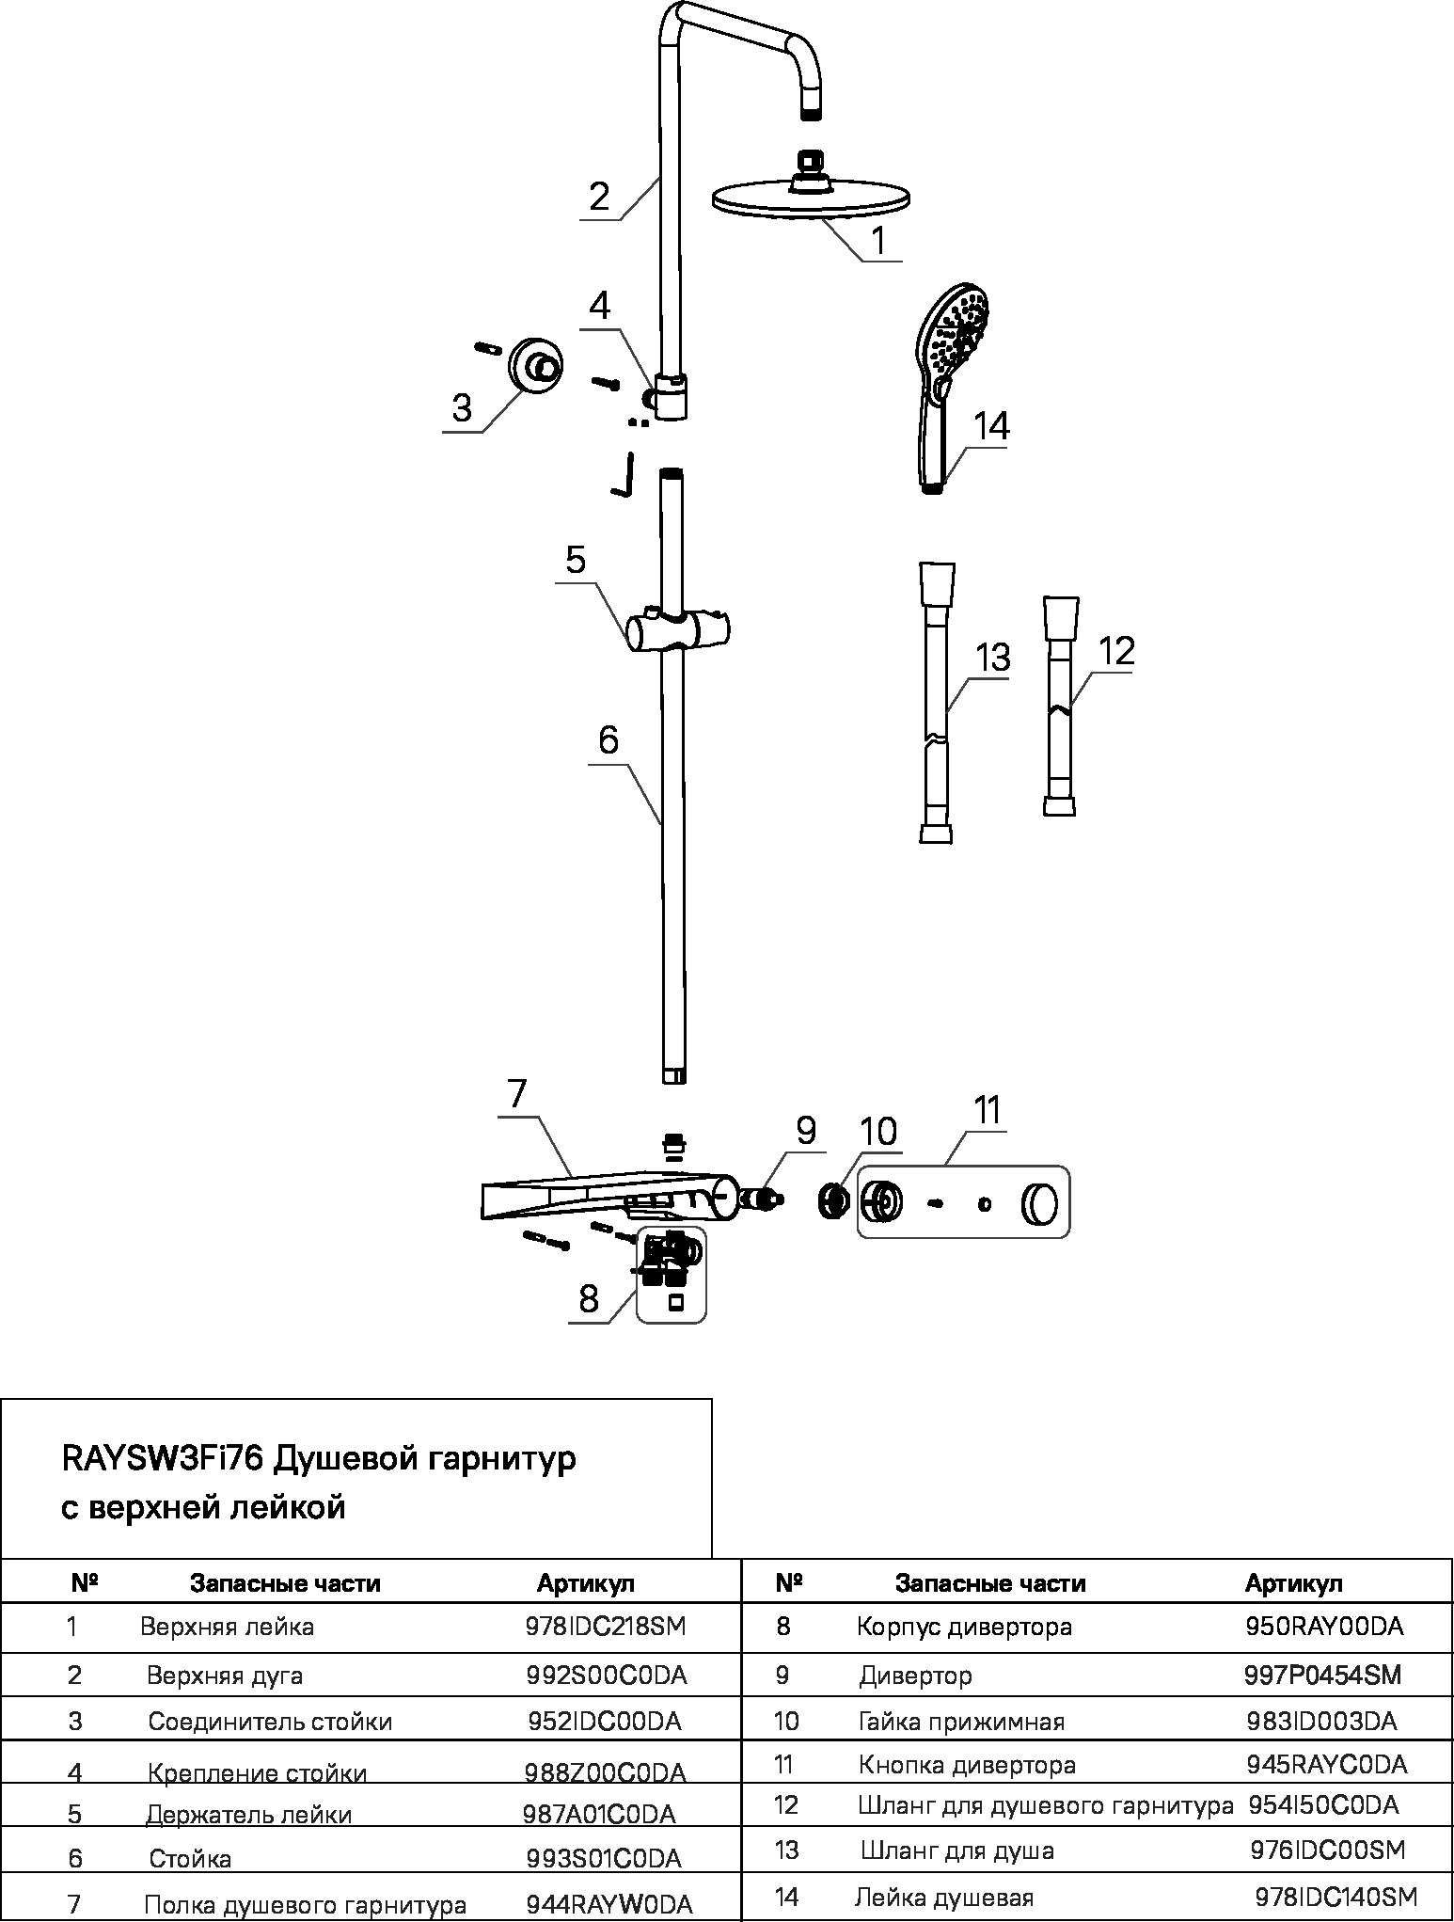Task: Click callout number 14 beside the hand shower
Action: [x=991, y=426]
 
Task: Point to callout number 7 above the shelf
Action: [x=517, y=1094]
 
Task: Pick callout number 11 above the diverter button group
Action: [x=987, y=1110]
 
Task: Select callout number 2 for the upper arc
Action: [x=599, y=197]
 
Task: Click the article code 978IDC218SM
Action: [x=606, y=1627]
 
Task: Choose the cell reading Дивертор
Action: [x=915, y=1676]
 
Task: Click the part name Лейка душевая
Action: [x=944, y=1898]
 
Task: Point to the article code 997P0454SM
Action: [x=1323, y=1675]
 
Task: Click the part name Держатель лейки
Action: [x=248, y=1815]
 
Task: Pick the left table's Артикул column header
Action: [x=586, y=1583]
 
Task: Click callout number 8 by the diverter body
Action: [x=589, y=1299]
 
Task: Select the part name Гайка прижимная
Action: [x=961, y=1723]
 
